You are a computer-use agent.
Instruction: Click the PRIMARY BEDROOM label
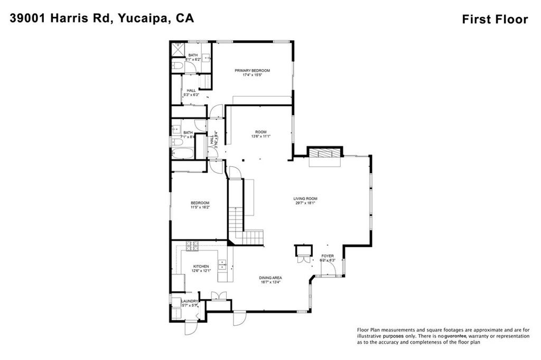click(253, 70)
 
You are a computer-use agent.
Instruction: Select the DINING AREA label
click(270, 278)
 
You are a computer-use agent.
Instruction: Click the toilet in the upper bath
click(177, 66)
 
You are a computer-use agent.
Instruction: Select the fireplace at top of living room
click(322, 154)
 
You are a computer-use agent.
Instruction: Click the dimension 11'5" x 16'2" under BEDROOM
click(200, 207)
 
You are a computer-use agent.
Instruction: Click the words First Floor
click(495, 20)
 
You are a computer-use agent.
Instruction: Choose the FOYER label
click(328, 255)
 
